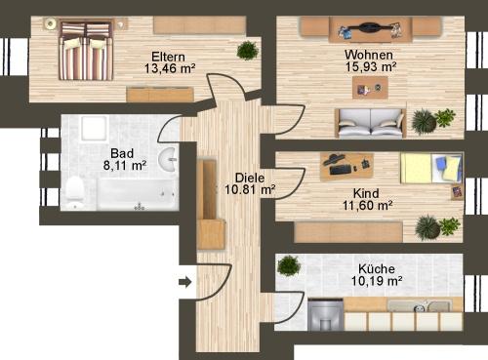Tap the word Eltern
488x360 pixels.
tap(170, 56)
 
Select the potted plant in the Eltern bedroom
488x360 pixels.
tap(248, 51)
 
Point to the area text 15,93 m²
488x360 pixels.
tap(371, 67)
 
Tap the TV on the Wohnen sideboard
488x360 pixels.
tap(370, 28)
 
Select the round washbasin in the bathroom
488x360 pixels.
tap(168, 158)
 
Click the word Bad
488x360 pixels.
tap(122, 153)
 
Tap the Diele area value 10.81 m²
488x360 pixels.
tap(248, 190)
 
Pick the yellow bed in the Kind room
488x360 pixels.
tap(426, 170)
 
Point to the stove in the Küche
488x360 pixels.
tap(325, 315)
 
